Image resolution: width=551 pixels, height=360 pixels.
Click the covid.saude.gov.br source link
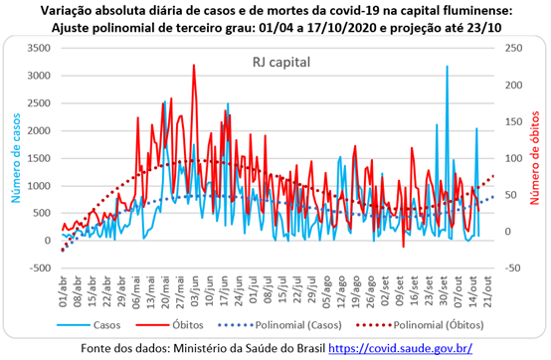pyautogui.click(x=400, y=348)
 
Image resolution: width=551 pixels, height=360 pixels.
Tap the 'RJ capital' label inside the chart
pyautogui.click(x=281, y=63)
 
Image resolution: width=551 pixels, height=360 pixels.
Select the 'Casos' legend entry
pyautogui.click(x=89, y=325)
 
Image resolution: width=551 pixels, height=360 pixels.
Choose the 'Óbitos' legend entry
pyautogui.click(x=170, y=325)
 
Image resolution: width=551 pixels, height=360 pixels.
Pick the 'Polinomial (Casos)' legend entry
pyautogui.click(x=279, y=325)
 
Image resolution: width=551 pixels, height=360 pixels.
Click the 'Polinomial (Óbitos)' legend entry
pyautogui.click(x=420, y=325)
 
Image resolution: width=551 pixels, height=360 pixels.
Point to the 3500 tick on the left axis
pyautogui.click(x=39, y=48)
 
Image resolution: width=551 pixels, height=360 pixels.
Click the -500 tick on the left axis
pyautogui.click(x=39, y=268)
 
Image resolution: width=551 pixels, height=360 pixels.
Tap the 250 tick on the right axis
pyautogui.click(x=514, y=48)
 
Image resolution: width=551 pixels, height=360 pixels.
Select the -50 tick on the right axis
pyautogui.click(x=513, y=268)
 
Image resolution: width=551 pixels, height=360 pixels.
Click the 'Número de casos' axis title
pyautogui.click(x=16, y=158)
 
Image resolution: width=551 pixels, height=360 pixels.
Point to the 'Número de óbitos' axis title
pyautogui.click(x=534, y=158)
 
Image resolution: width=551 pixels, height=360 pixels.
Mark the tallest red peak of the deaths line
pyautogui.click(x=194, y=65)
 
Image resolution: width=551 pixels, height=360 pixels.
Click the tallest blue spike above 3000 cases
pyautogui.click(x=447, y=66)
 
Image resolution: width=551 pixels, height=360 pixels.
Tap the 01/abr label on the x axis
pyautogui.click(x=63, y=291)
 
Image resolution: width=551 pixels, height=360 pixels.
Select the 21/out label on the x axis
pyautogui.click(x=487, y=291)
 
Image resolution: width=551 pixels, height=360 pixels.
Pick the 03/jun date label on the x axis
pyautogui.click(x=194, y=291)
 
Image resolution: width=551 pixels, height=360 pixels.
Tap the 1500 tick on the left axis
pyautogui.click(x=39, y=158)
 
